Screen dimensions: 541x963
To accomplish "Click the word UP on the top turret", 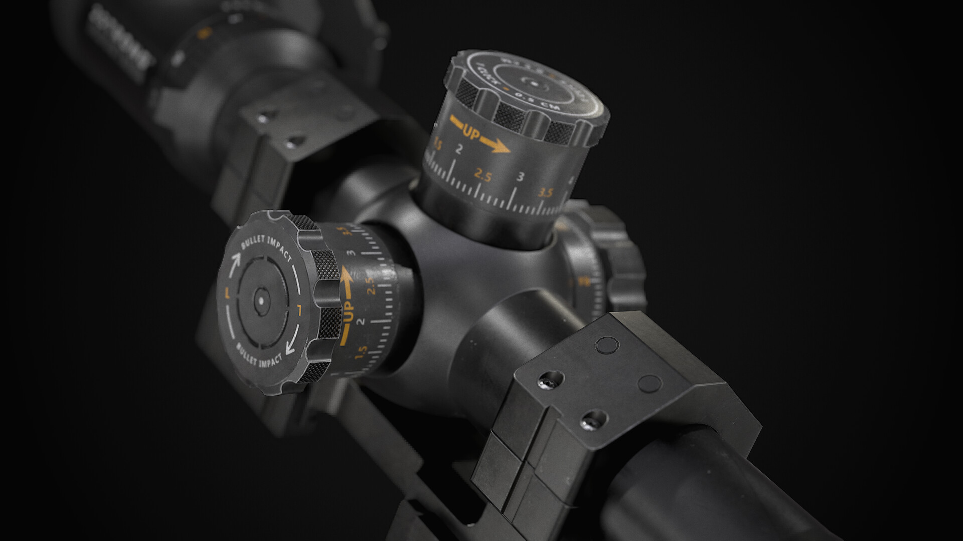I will point(471,134).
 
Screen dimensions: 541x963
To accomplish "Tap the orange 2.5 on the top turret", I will point(483,175).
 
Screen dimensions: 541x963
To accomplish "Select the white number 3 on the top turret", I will point(521,177).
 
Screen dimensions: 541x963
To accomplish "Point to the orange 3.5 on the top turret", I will point(545,192).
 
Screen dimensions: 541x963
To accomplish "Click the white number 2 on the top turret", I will point(458,149).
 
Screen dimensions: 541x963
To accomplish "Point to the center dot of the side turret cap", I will point(260,300).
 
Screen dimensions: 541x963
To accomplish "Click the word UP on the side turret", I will point(349,312).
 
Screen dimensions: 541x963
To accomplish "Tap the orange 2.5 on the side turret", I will point(371,286).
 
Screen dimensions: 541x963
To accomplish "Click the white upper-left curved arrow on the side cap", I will point(235,264).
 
